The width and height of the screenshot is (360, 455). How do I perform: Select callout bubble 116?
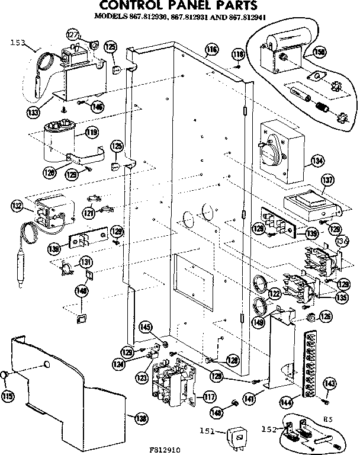[x=211, y=49]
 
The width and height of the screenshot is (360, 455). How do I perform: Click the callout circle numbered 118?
[x=237, y=55]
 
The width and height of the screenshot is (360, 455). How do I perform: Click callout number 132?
[x=17, y=206]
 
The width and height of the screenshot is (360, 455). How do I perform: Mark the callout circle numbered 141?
[x=249, y=400]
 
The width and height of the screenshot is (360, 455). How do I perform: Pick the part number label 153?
[x=19, y=42]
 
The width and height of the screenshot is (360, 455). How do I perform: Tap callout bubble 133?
[x=31, y=110]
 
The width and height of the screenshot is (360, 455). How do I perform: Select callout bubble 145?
[x=146, y=326]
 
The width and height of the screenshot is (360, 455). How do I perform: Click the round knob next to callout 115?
[x=5, y=375]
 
